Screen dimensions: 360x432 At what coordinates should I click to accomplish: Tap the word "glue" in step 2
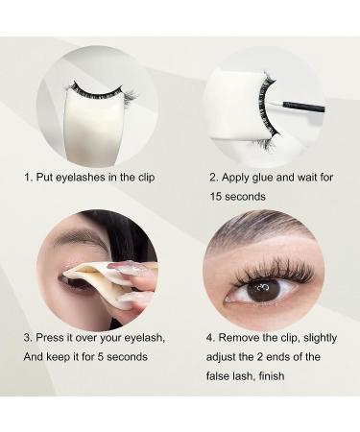coord(263,178)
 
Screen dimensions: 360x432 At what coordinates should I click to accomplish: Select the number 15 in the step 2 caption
coord(216,197)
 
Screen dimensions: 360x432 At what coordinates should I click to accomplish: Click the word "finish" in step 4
coord(272,375)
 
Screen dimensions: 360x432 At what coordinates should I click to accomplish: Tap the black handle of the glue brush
coord(304,107)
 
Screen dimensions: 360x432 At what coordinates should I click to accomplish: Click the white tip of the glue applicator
coord(276,104)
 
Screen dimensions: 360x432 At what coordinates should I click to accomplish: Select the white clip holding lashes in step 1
coord(94,128)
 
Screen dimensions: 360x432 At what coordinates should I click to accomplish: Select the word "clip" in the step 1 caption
coord(146,178)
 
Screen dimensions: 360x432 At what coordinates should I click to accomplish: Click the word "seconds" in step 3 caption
coord(127,356)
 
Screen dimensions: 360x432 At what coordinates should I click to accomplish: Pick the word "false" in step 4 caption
coord(218,375)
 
